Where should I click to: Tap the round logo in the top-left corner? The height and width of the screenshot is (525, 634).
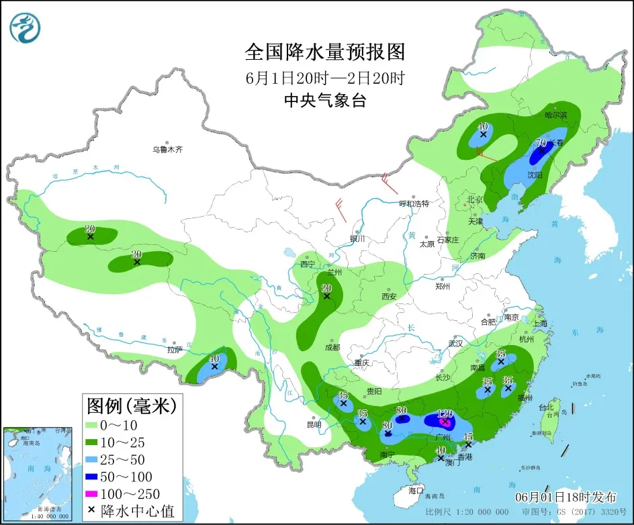tap(26, 28)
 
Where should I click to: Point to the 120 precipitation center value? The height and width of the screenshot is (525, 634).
tap(445, 414)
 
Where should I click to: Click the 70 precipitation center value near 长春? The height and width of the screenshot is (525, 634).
tap(541, 142)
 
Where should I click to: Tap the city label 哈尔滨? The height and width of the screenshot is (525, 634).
tap(555, 115)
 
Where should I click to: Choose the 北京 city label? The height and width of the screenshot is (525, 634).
tap(475, 199)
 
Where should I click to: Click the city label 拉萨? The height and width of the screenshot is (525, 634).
tap(175, 350)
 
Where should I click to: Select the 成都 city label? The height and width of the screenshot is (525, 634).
tap(332, 348)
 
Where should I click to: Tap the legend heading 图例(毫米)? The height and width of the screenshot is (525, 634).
tap(131, 406)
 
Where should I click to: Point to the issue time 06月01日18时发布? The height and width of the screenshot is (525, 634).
tap(565, 497)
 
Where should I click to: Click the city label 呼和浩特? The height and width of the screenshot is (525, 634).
tap(414, 203)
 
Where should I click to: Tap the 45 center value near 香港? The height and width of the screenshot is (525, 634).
tap(468, 437)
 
